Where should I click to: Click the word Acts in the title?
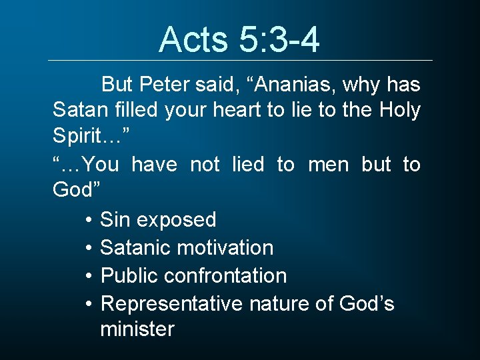pyautogui.click(x=192, y=39)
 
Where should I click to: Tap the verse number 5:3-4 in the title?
pyautogui.click(x=279, y=39)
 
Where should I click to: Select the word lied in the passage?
pyautogui.click(x=248, y=163)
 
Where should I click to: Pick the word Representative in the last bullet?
pyautogui.click(x=171, y=303)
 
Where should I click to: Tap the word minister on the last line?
pyautogui.click(x=137, y=329)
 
